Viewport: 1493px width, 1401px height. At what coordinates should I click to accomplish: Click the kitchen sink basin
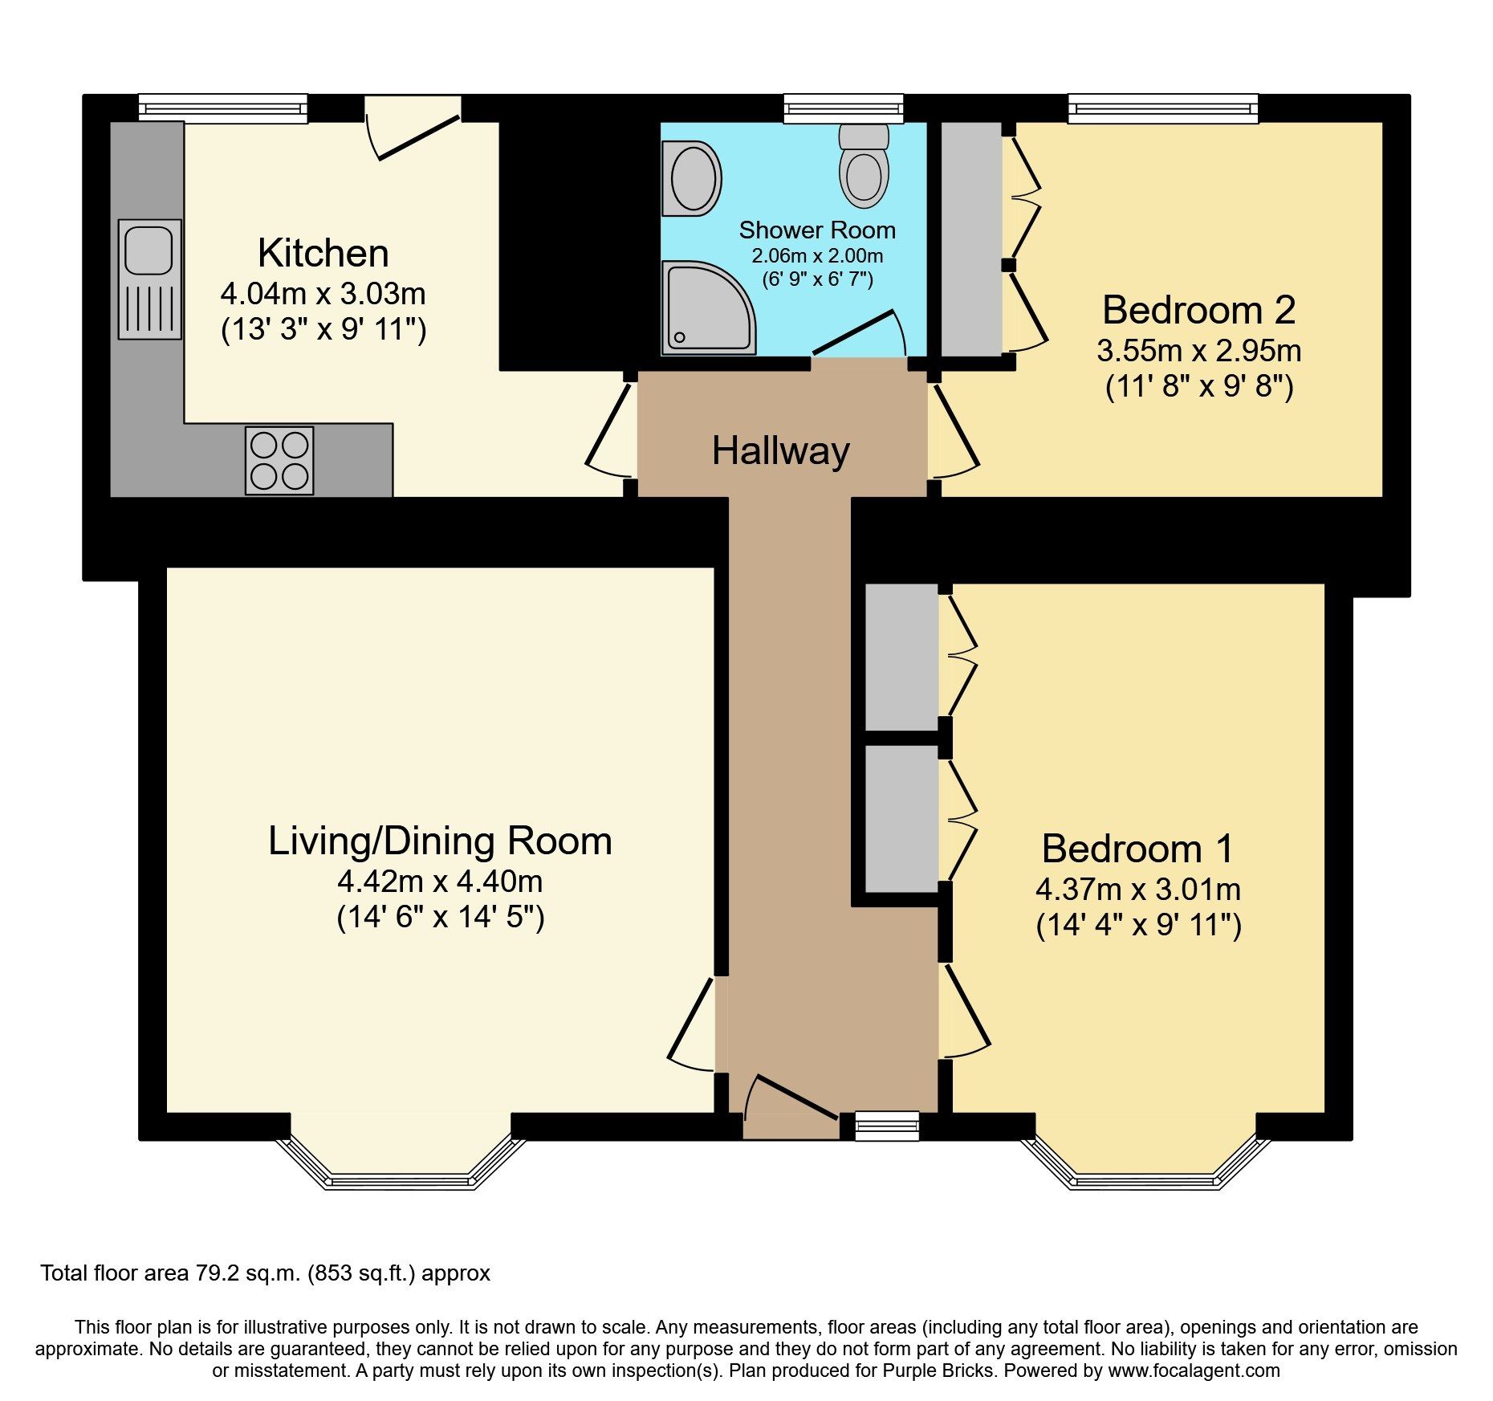148,250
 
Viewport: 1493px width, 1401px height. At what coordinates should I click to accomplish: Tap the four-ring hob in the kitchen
279,460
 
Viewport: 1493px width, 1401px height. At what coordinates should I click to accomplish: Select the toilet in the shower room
864,167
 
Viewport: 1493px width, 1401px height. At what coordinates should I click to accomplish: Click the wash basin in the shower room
691,178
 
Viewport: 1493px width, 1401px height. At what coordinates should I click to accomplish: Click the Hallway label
780,450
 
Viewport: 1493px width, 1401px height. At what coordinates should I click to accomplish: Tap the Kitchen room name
323,254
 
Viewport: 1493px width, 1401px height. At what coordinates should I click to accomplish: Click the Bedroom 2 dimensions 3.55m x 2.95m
1198,351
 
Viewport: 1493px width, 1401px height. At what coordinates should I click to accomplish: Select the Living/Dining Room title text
440,841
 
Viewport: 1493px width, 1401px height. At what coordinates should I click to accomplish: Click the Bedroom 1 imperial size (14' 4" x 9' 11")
1138,925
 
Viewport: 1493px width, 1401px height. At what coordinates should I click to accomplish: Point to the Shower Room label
817,230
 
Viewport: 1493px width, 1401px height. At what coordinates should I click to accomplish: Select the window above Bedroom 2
1162,108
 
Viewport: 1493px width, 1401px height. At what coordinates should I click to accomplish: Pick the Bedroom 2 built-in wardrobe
971,238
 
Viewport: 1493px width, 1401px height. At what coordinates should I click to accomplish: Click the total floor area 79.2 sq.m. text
265,1273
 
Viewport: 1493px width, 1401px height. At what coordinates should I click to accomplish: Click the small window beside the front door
887,1125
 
